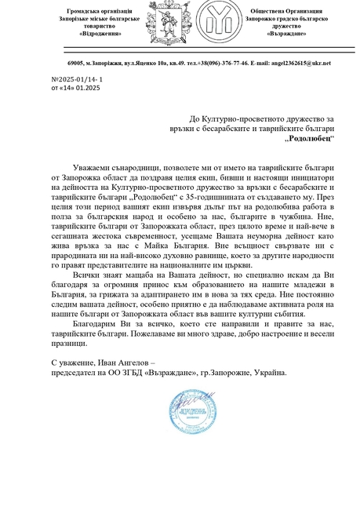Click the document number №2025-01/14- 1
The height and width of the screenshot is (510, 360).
click(76, 81)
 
